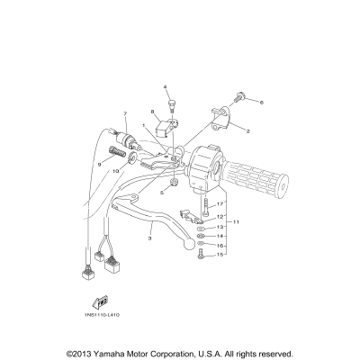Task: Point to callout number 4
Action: (x=166, y=86)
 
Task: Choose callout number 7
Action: (x=126, y=114)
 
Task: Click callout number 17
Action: (x=220, y=204)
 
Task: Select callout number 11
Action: (x=238, y=221)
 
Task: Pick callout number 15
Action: (x=220, y=255)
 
